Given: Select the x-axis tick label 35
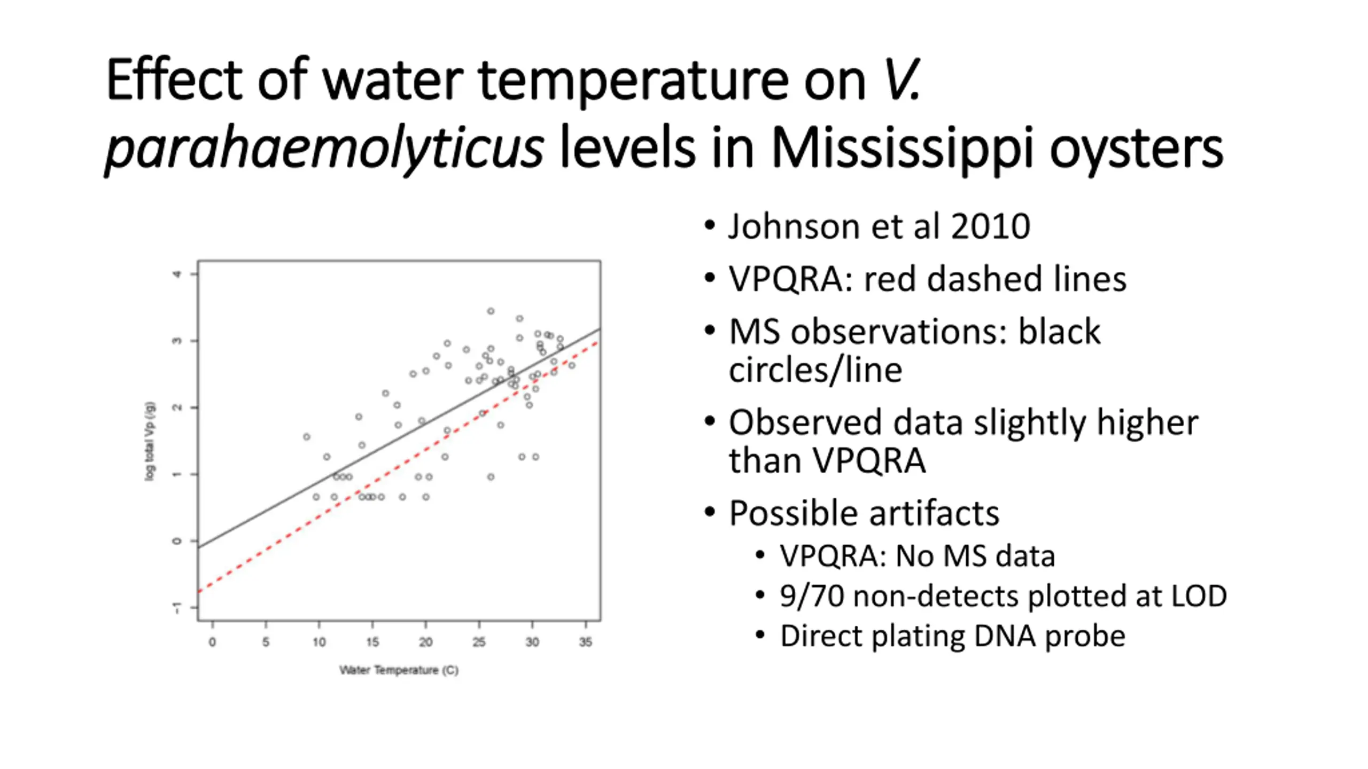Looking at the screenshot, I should (x=586, y=641).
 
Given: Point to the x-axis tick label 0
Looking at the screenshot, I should (x=212, y=641).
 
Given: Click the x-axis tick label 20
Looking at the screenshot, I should (x=425, y=641).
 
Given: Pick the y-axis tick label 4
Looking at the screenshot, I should (x=177, y=274).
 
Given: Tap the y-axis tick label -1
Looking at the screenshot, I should (x=177, y=608).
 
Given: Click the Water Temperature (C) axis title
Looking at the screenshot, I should (x=399, y=670).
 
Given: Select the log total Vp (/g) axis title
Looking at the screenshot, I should (x=150, y=441).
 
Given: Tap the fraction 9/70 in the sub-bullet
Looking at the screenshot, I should (x=812, y=595).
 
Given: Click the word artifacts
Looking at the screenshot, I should (x=930, y=513).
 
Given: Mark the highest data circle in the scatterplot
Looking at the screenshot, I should (x=491, y=311).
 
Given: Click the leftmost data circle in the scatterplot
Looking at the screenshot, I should (x=307, y=437).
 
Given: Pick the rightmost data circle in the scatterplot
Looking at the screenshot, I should (x=572, y=365).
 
